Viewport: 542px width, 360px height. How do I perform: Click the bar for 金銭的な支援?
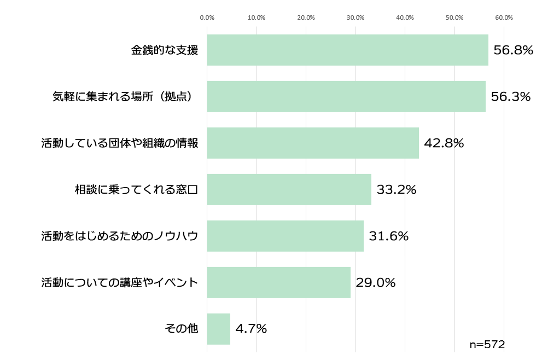[347, 50]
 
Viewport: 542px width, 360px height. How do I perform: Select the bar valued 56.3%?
[346, 97]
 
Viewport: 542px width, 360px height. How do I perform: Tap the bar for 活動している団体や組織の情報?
[313, 143]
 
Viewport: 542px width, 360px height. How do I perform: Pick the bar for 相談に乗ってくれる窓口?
[289, 190]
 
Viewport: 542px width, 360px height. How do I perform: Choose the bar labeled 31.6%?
[285, 236]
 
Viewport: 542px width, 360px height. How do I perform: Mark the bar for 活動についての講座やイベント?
[278, 283]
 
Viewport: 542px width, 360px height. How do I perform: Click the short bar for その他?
[218, 329]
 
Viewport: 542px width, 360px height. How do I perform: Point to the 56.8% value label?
[513, 50]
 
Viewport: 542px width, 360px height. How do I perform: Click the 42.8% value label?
[444, 143]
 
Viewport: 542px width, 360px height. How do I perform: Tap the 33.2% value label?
[397, 190]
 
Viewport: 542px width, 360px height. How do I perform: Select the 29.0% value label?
[376, 283]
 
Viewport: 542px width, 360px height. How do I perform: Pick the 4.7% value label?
[251, 329]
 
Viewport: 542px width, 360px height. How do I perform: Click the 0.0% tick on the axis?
[207, 18]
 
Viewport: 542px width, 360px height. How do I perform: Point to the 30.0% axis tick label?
[355, 18]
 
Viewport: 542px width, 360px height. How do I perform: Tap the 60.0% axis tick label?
[504, 18]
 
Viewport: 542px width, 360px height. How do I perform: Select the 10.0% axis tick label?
[257, 18]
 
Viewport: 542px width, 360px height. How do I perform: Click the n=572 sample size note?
[487, 345]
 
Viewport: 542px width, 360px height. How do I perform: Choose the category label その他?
[181, 329]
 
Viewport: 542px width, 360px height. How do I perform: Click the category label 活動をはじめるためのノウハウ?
[120, 236]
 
